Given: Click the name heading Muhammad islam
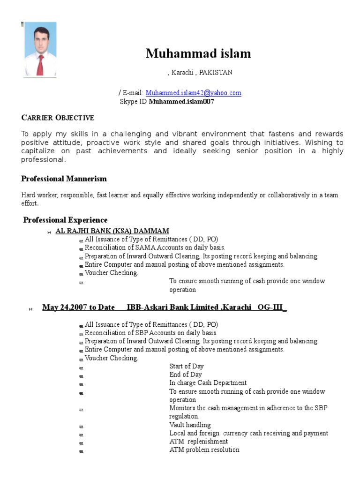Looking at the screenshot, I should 198,54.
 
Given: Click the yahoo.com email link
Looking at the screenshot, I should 193,93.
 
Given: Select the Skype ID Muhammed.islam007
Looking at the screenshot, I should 181,101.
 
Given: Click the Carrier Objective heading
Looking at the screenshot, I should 58,118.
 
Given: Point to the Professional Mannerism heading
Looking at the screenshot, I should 64,179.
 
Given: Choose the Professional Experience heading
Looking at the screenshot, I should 66,220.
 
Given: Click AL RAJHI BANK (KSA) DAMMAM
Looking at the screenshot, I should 112,231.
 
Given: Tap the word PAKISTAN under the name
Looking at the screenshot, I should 216,73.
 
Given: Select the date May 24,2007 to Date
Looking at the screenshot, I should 78,307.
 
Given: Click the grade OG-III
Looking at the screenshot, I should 271,307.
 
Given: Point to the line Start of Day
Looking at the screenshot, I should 186,366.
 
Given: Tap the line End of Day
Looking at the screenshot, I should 185,375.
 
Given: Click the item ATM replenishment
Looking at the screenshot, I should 198,442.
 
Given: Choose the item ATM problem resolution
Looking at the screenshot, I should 204,450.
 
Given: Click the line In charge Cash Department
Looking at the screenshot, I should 208,383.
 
